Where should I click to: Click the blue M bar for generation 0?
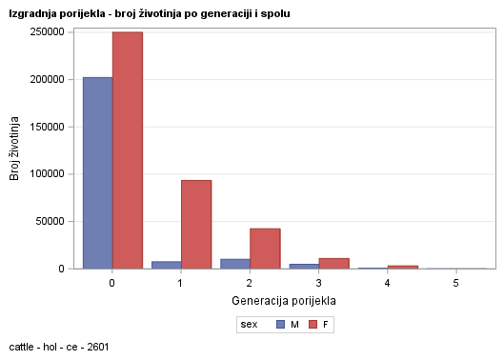tap(97, 172)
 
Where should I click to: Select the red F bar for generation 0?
tap(127, 150)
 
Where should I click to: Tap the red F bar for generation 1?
tap(196, 224)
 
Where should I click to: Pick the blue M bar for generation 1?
tap(166, 265)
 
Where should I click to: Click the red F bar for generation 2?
tap(265, 249)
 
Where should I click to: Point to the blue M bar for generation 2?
tap(235, 264)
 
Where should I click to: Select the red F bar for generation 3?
tap(334, 264)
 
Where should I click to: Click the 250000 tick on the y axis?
tap(47, 31)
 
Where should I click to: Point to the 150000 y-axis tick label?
tap(47, 127)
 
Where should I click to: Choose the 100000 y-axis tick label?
tap(47, 174)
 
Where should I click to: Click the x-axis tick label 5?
tap(456, 284)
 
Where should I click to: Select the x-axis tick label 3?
tap(319, 284)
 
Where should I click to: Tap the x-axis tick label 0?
tap(112, 284)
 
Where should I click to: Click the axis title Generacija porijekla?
tap(284, 301)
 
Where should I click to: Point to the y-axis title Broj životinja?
tap(14, 149)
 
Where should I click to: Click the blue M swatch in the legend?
tap(280, 325)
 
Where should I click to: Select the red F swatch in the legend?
tap(312, 325)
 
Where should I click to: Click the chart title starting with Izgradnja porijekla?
tap(150, 14)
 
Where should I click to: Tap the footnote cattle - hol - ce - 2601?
tap(58, 347)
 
